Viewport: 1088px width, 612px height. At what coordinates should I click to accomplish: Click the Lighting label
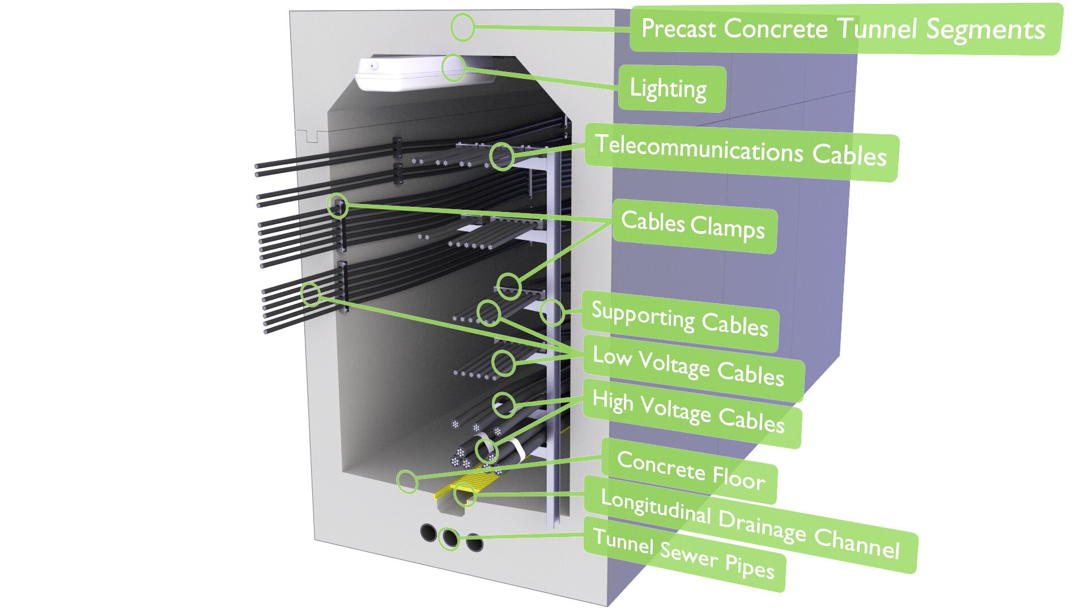(x=670, y=89)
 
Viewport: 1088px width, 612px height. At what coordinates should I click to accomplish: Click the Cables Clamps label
(x=693, y=226)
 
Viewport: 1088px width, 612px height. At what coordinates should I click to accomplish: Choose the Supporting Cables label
(x=679, y=320)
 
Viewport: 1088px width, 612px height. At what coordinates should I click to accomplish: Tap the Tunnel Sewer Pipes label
(x=684, y=554)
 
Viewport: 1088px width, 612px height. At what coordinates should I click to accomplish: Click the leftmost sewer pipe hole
(x=428, y=532)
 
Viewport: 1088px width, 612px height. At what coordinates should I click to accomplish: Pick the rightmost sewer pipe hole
(x=475, y=543)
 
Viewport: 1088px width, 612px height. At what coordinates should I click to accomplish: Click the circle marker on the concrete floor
(x=407, y=482)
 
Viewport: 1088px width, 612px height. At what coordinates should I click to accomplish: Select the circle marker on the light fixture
(x=453, y=68)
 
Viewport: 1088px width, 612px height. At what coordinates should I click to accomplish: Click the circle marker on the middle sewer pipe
(x=449, y=538)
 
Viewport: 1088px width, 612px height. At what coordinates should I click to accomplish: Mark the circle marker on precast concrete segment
(x=462, y=27)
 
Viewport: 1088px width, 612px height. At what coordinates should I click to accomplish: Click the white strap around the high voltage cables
(x=516, y=449)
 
